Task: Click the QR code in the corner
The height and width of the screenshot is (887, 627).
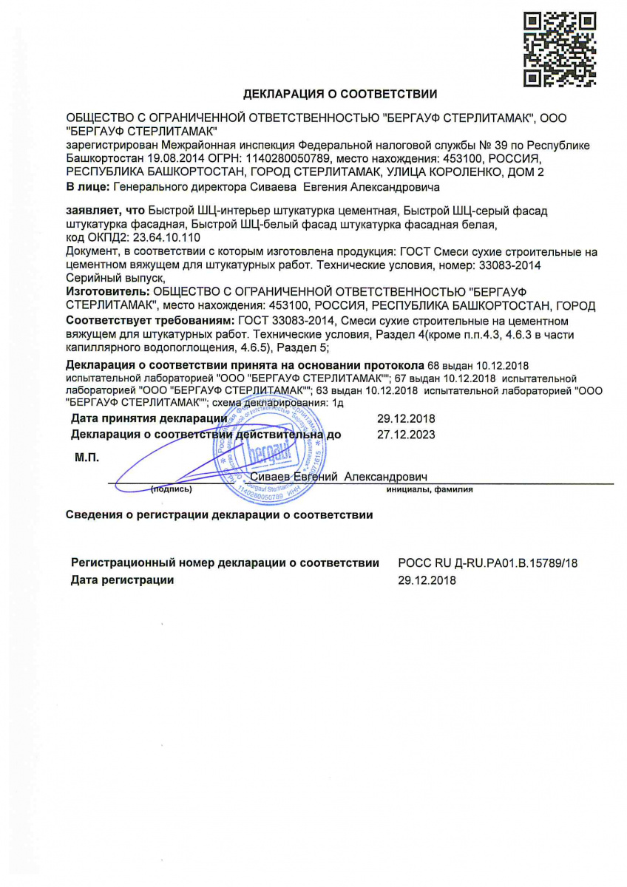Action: click(x=560, y=49)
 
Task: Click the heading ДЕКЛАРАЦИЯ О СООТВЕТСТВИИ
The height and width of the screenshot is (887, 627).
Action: click(x=340, y=94)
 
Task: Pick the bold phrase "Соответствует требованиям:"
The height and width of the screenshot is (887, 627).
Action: click(x=149, y=321)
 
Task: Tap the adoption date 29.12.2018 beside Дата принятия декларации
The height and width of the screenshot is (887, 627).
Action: click(x=406, y=419)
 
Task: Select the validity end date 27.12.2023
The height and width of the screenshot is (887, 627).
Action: click(x=406, y=434)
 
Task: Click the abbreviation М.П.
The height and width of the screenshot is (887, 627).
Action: click(x=87, y=458)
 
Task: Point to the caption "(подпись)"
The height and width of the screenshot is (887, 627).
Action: click(x=172, y=489)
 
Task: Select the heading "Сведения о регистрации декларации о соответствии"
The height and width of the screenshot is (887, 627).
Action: click(x=219, y=514)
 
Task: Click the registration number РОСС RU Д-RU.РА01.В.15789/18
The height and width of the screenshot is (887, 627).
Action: click(x=487, y=563)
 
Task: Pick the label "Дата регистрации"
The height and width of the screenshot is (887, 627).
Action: click(x=123, y=580)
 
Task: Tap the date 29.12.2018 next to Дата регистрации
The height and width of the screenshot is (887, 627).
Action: click(x=427, y=580)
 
